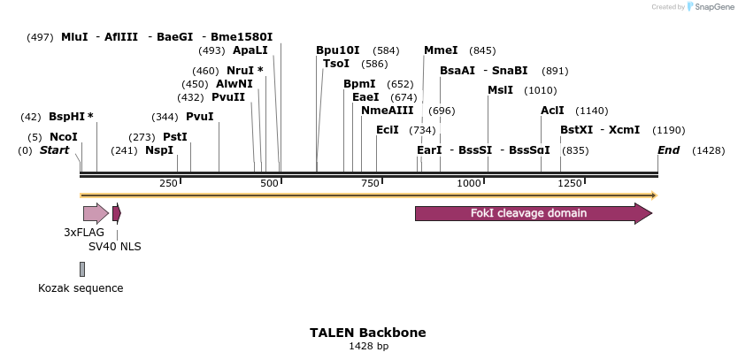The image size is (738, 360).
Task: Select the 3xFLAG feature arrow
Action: click(x=95, y=213)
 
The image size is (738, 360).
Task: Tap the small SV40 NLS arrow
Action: click(x=116, y=213)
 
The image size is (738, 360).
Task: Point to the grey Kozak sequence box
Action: click(x=82, y=269)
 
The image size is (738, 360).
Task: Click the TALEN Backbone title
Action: click(x=367, y=333)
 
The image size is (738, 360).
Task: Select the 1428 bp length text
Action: click(x=368, y=347)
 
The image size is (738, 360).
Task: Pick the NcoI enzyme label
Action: click(x=64, y=137)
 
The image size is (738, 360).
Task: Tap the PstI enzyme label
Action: click(x=175, y=137)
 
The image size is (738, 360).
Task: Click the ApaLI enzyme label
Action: click(x=250, y=50)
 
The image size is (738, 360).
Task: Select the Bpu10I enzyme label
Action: click(x=338, y=50)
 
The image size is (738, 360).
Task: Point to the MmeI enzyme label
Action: click(x=441, y=50)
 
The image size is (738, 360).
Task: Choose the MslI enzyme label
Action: click(x=500, y=90)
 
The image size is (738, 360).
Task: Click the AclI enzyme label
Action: click(x=552, y=111)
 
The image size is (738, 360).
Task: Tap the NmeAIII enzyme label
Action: click(x=387, y=111)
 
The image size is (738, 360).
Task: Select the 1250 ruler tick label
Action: click(x=570, y=183)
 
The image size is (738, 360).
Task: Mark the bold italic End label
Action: click(x=668, y=150)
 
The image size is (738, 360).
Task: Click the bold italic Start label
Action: click(x=54, y=150)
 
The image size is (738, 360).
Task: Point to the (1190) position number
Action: click(x=668, y=130)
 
